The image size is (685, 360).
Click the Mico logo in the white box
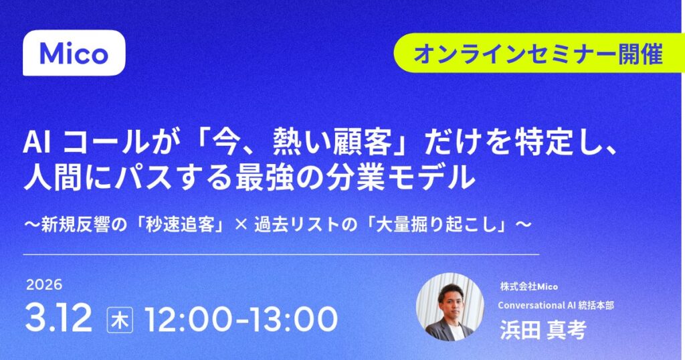74,54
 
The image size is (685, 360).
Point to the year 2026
44,285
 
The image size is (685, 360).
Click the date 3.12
58,319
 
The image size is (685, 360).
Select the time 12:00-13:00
241,319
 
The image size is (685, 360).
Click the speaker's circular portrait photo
450,306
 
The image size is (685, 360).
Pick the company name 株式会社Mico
528,286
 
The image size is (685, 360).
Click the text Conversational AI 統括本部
556,305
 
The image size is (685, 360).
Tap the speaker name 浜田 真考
543,329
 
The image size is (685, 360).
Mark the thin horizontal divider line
281,254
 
